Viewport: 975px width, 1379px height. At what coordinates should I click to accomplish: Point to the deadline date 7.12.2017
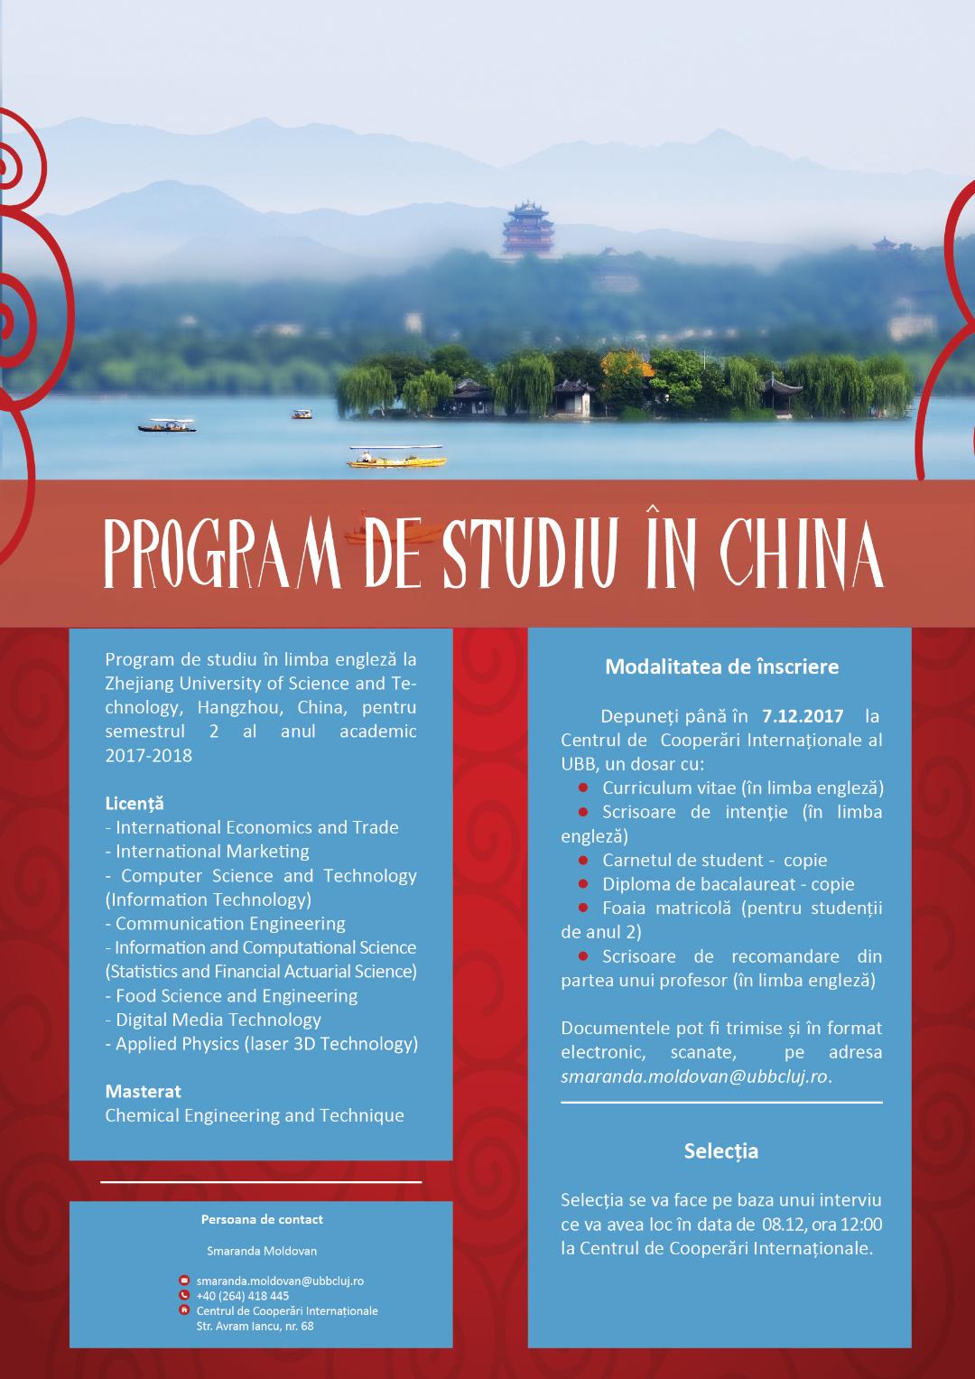803,716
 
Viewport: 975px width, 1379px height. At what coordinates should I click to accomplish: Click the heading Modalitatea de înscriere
721,667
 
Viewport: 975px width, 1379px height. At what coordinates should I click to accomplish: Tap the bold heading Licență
135,803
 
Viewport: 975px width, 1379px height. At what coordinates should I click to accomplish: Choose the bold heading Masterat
143,1091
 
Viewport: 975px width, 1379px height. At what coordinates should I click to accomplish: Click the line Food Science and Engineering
237,995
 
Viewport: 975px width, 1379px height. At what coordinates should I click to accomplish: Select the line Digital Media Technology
218,1020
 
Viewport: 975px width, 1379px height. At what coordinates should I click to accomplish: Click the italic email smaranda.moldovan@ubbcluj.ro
694,1076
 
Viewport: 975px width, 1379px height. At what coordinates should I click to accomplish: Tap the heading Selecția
720,1151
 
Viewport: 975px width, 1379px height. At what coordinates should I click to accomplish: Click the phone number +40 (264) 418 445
242,1295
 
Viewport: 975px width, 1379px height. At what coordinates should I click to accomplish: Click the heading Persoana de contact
262,1219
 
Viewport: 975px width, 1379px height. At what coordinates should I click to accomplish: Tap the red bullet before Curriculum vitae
583,787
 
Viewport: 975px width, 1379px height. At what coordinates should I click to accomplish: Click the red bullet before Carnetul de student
583,860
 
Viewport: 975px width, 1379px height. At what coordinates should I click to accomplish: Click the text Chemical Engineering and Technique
255,1115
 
